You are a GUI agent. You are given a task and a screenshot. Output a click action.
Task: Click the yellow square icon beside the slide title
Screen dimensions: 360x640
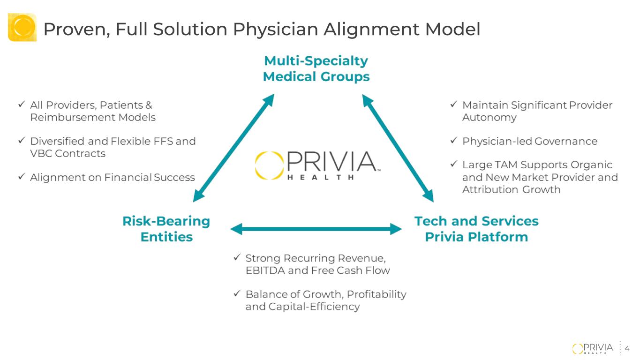[22, 27]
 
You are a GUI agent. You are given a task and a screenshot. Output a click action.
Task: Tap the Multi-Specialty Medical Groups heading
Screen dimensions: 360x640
[316, 68]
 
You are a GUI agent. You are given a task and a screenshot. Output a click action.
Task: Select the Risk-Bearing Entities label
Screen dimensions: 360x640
[166, 229]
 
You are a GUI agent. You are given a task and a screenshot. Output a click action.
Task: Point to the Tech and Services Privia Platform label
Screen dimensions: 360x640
[476, 229]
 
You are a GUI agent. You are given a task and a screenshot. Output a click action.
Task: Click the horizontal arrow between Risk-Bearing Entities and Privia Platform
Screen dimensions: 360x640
[316, 229]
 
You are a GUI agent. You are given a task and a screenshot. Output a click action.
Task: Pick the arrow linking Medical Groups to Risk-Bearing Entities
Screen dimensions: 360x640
[233, 148]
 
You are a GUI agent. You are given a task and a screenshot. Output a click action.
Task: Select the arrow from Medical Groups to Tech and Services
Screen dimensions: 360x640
[398, 148]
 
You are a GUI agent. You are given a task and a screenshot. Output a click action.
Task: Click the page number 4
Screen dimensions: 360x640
[627, 348]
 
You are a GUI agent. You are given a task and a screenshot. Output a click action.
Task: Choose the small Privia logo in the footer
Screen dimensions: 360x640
[593, 348]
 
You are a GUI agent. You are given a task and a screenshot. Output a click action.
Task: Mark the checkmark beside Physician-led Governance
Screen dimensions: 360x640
[453, 140]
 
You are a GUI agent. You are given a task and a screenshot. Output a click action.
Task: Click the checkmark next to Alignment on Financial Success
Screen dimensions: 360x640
[22, 176]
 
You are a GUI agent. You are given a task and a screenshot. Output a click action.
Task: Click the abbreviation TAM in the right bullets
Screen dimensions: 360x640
[531, 165]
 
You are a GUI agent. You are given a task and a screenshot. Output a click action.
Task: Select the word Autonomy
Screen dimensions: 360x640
[489, 118]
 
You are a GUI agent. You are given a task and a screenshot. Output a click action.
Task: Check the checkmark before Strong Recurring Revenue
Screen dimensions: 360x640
[237, 257]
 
